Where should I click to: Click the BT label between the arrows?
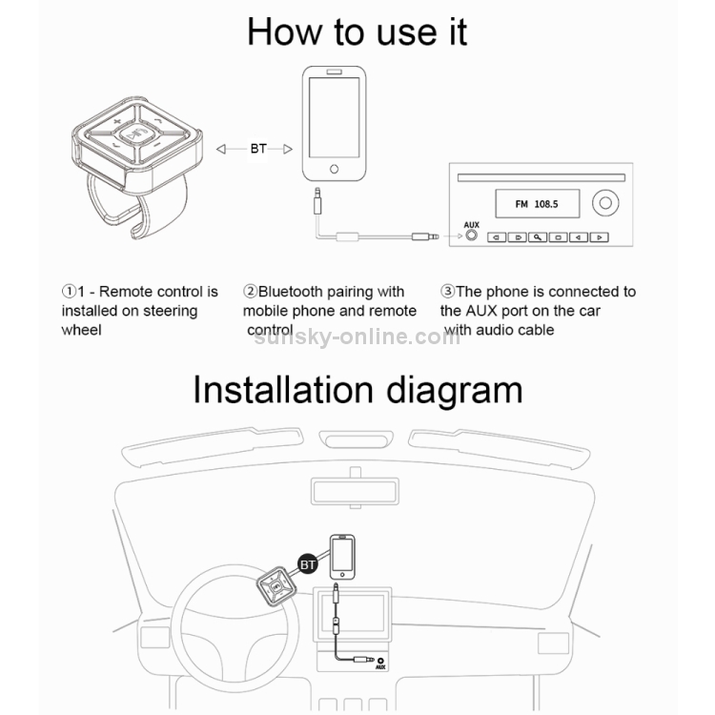point(258,149)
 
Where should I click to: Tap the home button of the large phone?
point(335,169)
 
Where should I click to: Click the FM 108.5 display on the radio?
point(537,204)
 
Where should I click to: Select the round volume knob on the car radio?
point(605,203)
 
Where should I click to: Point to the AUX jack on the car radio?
point(471,235)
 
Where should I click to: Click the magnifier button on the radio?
point(538,237)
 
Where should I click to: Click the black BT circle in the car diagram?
point(307,564)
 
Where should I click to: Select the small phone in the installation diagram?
point(342,557)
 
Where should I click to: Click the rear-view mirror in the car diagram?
point(356,491)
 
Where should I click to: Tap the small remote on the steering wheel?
point(276,587)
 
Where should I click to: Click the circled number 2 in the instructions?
point(250,291)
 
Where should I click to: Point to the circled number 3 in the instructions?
point(448,291)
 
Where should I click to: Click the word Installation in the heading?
point(283,390)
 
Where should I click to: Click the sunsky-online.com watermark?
point(357,337)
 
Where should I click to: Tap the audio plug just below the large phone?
point(317,200)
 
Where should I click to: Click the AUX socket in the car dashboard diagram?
point(380,661)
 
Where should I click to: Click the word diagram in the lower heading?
point(454,391)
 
